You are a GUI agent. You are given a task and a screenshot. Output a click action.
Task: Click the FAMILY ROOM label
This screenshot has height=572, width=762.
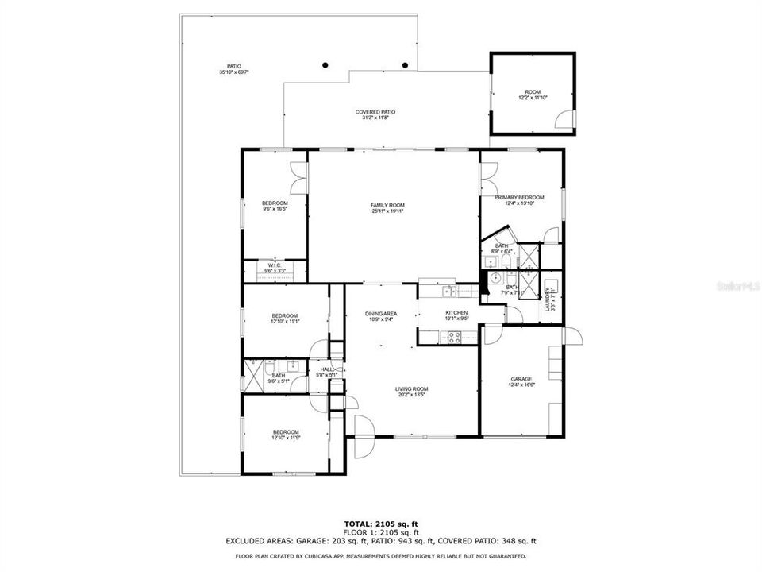387,205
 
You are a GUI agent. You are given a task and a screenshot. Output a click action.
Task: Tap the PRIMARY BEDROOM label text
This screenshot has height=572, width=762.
519,197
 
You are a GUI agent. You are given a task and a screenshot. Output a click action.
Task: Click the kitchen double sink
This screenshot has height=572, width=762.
448,289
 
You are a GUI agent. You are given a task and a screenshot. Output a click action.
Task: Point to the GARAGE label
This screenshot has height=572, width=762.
521,379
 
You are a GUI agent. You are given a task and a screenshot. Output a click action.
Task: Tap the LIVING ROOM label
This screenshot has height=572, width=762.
412,389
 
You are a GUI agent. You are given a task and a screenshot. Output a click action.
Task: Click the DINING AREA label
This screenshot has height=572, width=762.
381,314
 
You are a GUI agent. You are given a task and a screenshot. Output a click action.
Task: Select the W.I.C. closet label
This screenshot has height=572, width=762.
275,265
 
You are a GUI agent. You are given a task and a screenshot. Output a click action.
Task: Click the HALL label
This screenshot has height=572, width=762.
325,369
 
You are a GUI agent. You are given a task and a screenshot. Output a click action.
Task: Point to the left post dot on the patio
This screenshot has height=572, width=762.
325,65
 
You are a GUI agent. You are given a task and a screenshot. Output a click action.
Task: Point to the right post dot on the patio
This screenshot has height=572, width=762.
405,65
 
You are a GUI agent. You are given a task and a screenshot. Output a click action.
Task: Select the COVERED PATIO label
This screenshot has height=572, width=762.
375,112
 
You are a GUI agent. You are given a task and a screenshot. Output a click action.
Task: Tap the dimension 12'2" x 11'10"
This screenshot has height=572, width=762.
532,99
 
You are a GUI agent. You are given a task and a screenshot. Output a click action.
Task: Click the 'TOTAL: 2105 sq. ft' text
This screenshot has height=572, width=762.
380,524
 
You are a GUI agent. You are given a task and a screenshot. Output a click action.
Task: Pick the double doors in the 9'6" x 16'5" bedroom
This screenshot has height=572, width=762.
298,172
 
